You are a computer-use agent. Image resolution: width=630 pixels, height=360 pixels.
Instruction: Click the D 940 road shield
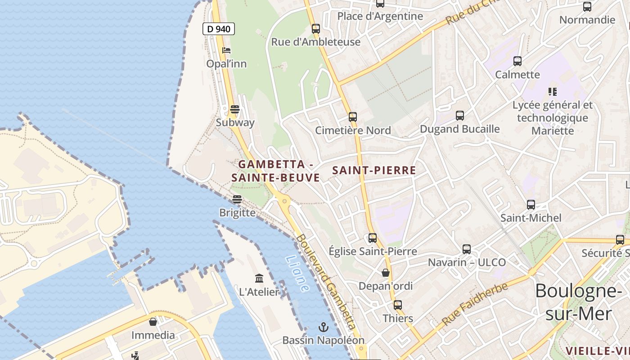(x=219, y=29)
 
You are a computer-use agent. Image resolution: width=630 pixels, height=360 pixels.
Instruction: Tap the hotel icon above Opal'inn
(x=226, y=50)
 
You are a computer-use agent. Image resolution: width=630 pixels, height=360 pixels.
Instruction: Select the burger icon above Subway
(x=235, y=109)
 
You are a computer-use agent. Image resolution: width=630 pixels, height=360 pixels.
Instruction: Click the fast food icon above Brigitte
(x=237, y=199)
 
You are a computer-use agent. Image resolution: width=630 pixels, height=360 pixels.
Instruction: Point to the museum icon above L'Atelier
(x=259, y=278)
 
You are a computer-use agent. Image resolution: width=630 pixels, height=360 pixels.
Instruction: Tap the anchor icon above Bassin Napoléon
(x=323, y=327)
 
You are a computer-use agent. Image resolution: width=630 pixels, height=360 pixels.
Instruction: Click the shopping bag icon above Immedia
(x=153, y=322)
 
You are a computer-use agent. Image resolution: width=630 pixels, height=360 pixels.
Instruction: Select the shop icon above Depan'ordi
(x=386, y=272)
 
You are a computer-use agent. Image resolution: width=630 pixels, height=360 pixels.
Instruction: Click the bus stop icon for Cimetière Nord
(x=353, y=117)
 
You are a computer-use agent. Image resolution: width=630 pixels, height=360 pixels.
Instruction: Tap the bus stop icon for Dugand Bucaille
(x=460, y=116)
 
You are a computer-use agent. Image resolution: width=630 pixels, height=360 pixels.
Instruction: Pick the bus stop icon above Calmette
(x=517, y=61)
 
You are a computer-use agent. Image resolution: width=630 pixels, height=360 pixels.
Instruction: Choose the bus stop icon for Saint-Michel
(x=531, y=205)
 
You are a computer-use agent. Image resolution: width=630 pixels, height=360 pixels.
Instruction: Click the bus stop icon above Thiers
(x=398, y=305)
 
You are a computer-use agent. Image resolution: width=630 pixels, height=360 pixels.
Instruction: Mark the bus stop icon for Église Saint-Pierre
(x=373, y=238)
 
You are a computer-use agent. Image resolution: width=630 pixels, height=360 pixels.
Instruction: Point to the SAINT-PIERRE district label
(x=374, y=171)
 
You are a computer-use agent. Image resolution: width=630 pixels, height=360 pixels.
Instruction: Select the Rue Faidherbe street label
(x=475, y=304)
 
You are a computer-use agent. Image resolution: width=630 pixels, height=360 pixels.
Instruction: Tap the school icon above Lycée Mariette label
(x=553, y=92)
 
